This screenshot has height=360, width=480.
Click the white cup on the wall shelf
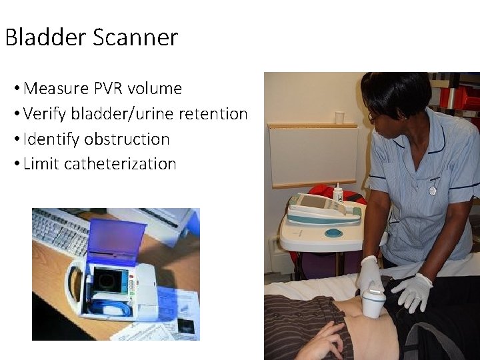[339, 117]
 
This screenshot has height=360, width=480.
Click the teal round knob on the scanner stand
[333, 233]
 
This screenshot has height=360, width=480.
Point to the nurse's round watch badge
[433, 190]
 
